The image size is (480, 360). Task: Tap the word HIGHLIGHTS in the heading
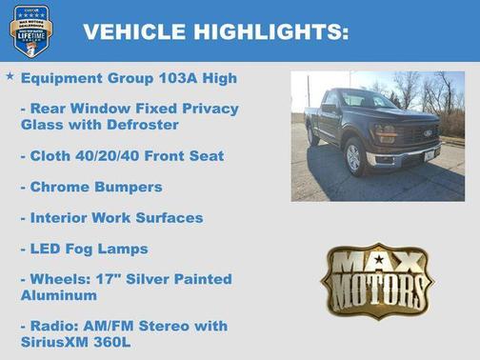pyautogui.click(x=270, y=31)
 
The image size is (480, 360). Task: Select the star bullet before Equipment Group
pyautogui.click(x=10, y=75)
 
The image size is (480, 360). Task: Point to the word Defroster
pyautogui.click(x=153, y=124)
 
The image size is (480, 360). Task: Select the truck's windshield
pyautogui.click(x=368, y=99)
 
